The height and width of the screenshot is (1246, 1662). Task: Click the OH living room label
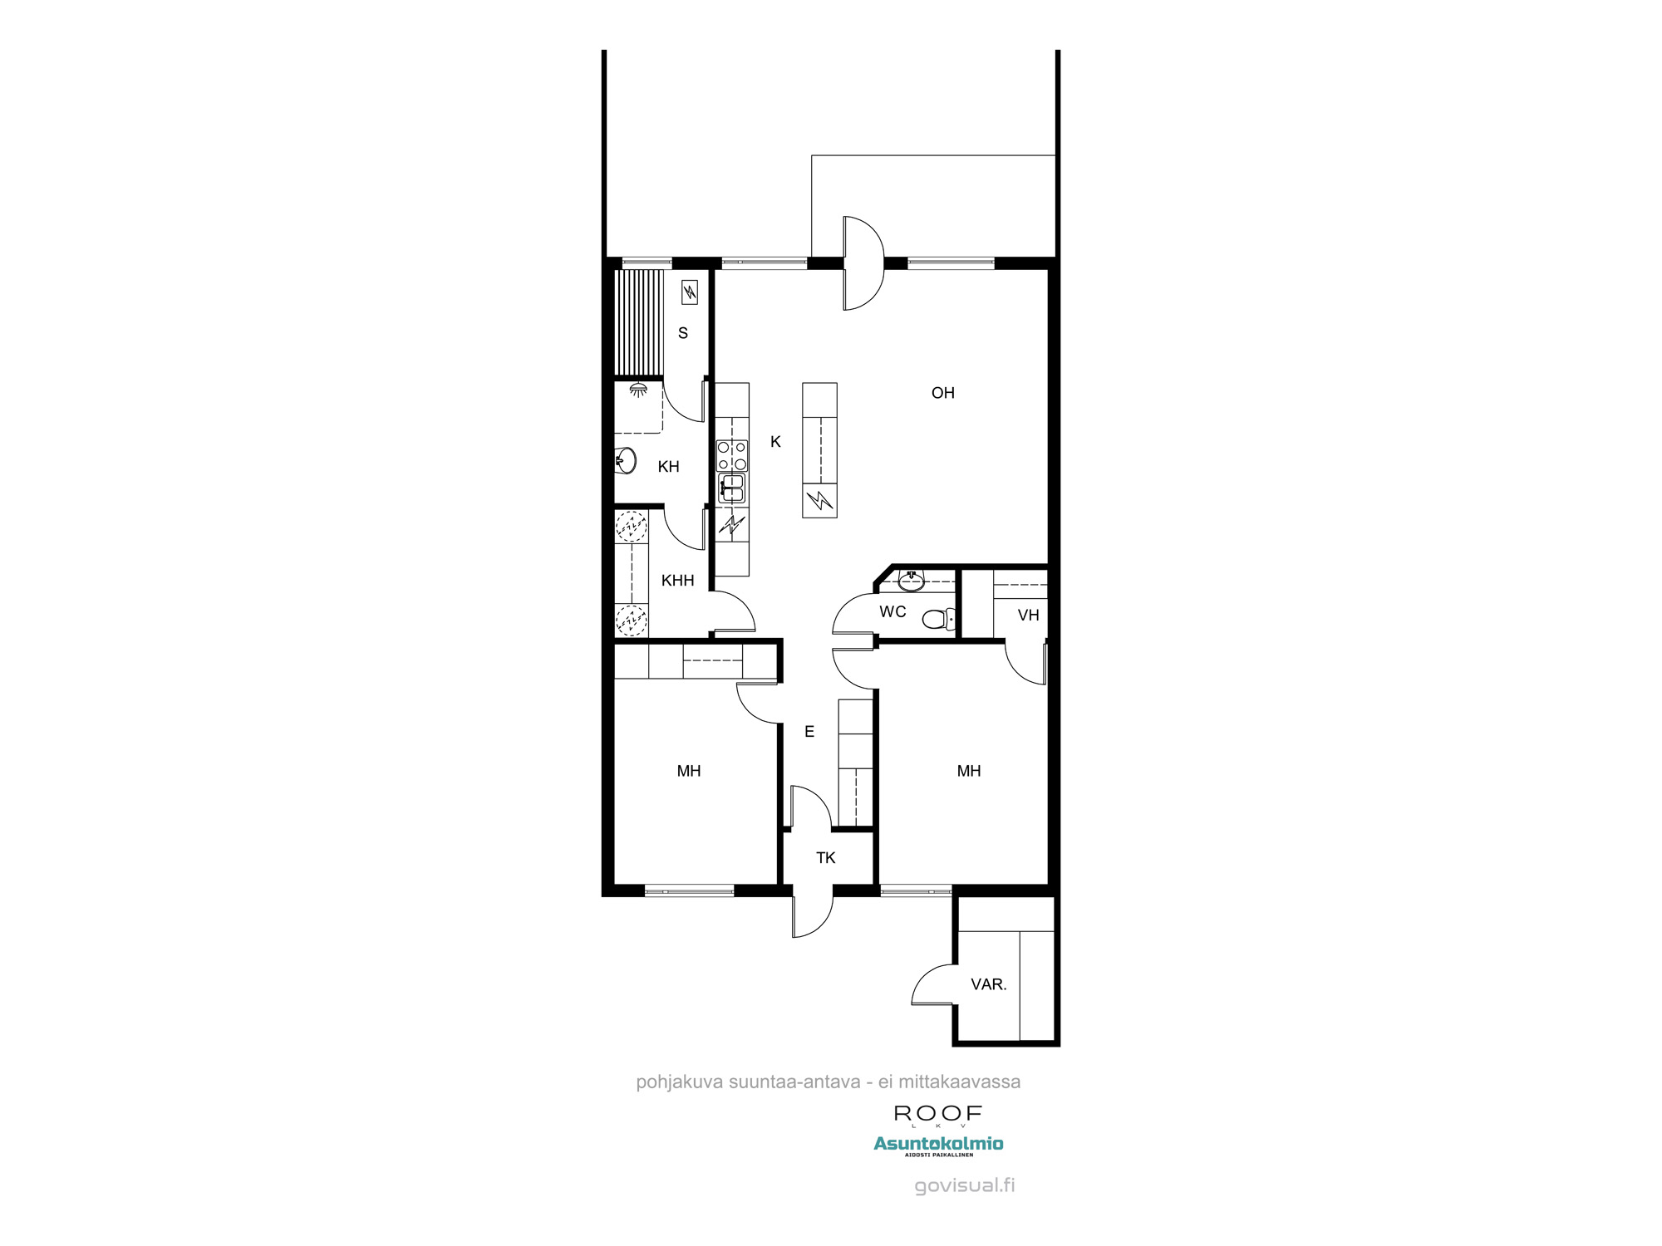(942, 393)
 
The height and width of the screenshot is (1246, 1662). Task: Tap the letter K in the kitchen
(775, 442)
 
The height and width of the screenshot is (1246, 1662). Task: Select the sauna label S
(683, 333)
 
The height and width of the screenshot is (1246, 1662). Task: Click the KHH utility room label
(677, 581)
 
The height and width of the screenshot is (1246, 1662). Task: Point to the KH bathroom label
(668, 467)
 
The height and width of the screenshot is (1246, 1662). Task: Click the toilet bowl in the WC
(937, 619)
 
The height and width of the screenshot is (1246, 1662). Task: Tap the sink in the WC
(912, 580)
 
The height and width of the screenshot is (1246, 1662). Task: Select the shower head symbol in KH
(638, 389)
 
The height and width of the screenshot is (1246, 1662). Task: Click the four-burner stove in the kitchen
(732, 455)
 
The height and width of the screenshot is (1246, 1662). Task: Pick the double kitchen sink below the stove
(732, 488)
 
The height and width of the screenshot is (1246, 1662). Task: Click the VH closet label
(1028, 616)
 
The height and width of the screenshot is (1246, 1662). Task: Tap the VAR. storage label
(988, 984)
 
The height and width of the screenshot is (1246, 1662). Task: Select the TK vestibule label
(825, 858)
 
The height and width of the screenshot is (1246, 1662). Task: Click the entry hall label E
(809, 732)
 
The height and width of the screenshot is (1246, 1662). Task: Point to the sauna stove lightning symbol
(689, 292)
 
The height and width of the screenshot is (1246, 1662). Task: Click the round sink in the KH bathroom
(627, 460)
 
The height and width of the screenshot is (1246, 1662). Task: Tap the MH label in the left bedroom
(688, 771)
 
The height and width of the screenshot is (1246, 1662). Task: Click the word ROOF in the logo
(938, 1113)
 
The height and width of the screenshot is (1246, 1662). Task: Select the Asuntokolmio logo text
(938, 1144)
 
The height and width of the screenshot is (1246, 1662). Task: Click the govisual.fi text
(964, 1185)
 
